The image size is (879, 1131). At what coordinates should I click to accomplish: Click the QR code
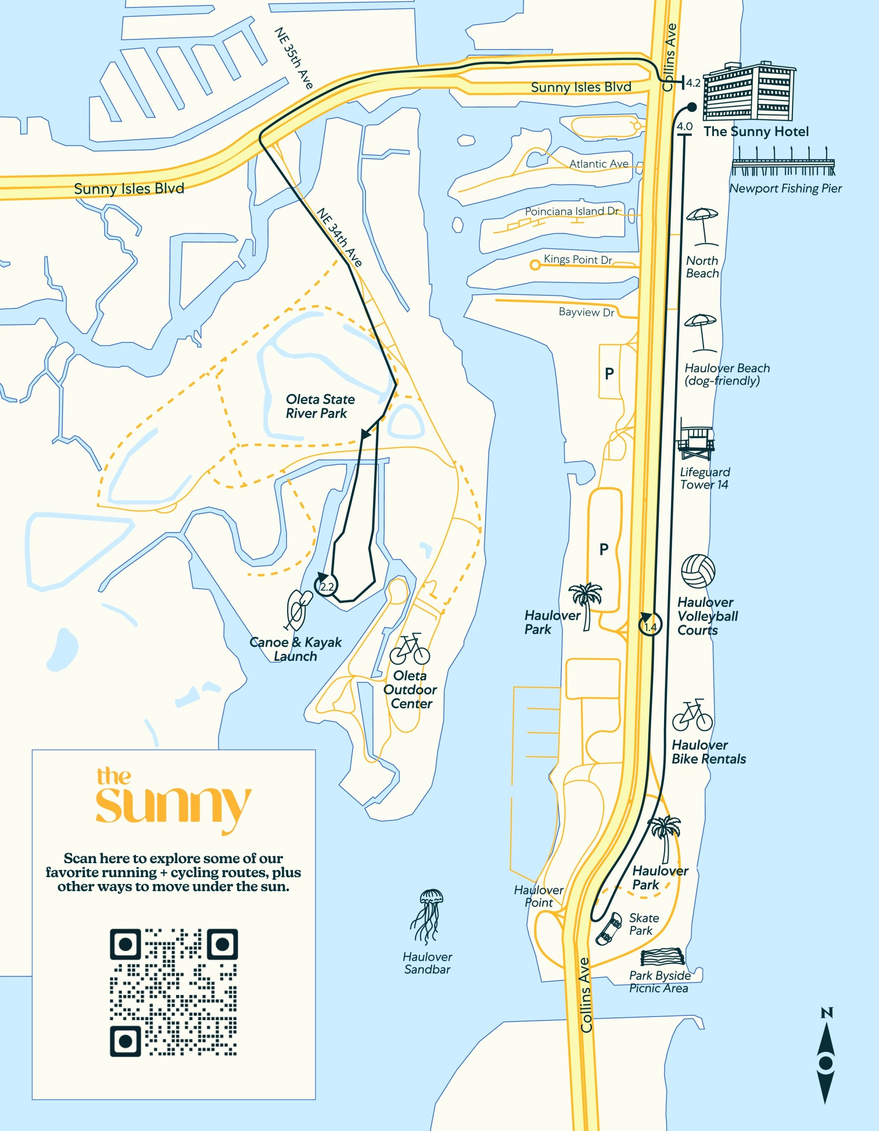tap(174, 992)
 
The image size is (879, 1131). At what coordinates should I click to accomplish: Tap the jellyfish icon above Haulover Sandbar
tap(428, 917)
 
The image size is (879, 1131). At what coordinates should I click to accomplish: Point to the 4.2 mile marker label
tap(693, 83)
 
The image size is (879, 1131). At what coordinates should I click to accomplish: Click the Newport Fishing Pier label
tap(785, 189)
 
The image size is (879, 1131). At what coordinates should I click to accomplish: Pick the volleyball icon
tap(698, 571)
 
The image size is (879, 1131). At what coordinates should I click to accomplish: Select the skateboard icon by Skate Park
tap(609, 929)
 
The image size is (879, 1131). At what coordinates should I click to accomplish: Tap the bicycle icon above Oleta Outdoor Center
tap(410, 649)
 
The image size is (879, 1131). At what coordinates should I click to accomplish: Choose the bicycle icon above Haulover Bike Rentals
tap(692, 716)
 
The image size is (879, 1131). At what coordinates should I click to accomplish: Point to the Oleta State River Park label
tap(320, 406)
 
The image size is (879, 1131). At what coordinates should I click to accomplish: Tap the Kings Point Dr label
tap(578, 259)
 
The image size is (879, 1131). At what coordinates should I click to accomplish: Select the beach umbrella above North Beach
tap(702, 226)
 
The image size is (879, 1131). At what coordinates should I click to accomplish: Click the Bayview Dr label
tap(586, 312)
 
